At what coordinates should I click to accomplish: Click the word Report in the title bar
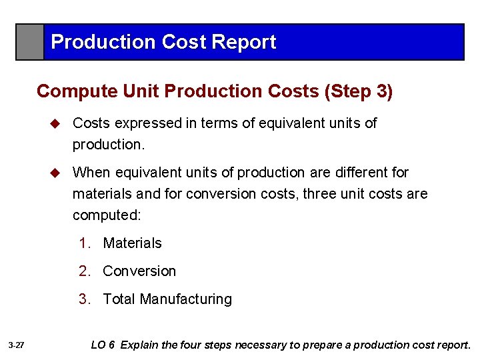pos(243,42)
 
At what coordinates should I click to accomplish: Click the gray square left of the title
pos(30,42)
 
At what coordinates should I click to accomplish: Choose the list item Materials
pos(132,243)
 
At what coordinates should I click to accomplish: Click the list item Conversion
pos(139,271)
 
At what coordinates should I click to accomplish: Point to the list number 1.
pos(83,243)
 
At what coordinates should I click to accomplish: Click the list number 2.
pos(83,271)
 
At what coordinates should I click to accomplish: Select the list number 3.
pos(83,299)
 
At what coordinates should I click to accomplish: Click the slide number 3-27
pos(17,345)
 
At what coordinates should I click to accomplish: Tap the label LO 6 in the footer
pos(103,345)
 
